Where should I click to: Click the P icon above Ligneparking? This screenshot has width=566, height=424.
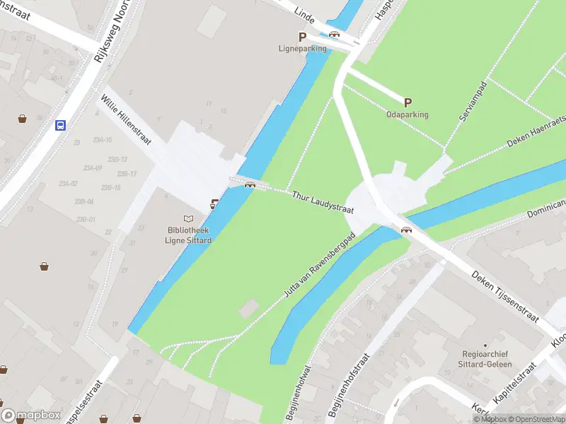tap(302, 37)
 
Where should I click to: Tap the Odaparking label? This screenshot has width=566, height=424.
tap(407, 114)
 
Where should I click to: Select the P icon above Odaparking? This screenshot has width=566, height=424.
tap(408, 102)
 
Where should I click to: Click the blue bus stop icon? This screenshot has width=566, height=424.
tap(61, 126)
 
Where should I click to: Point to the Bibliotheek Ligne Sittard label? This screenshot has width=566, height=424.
tap(189, 235)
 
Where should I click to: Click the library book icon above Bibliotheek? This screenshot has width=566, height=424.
tap(188, 219)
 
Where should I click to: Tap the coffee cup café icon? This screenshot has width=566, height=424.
tap(214, 204)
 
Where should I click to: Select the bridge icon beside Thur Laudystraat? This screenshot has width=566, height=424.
tap(249, 185)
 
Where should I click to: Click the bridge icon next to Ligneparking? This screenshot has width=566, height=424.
tap(334, 33)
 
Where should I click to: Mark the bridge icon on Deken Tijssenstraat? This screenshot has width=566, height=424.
tap(406, 229)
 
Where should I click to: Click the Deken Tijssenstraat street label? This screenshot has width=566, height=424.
tap(505, 298)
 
